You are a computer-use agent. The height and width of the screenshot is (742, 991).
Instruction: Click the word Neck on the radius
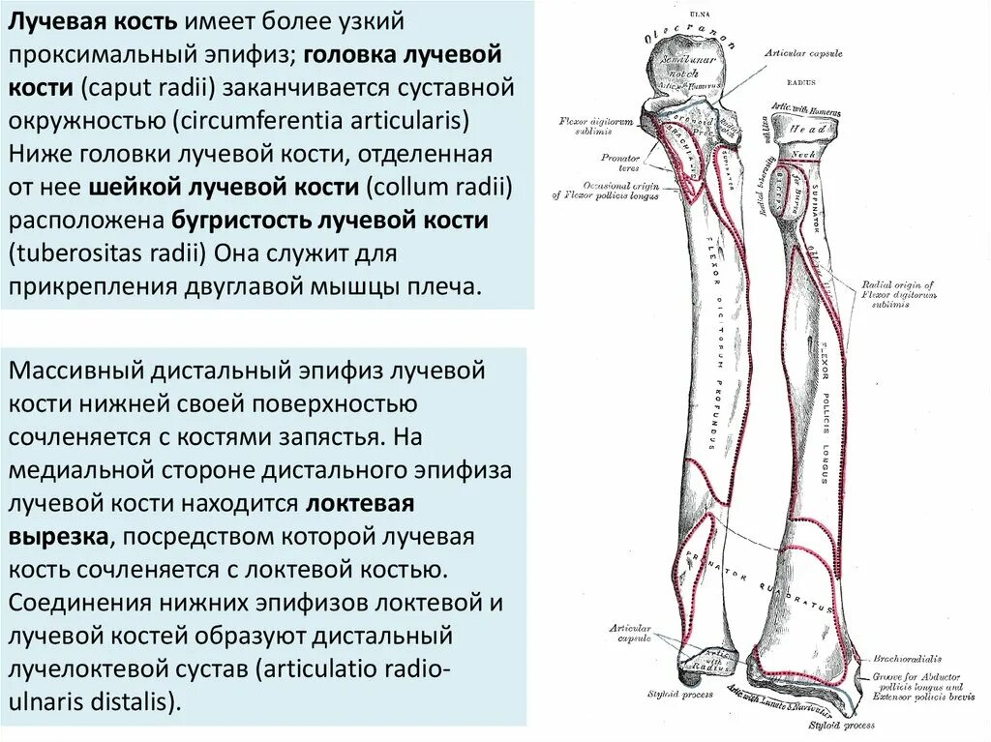point(803,156)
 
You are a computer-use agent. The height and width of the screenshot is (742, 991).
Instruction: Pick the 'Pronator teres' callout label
point(619,162)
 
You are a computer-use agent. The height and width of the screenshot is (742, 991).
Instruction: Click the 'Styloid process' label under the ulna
point(679,694)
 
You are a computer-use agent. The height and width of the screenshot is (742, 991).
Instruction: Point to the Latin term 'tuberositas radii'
point(105,253)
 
